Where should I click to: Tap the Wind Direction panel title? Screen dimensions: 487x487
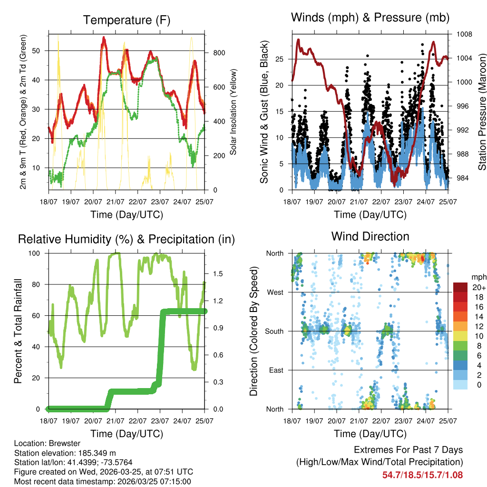370,236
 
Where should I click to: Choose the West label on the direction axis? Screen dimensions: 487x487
275,292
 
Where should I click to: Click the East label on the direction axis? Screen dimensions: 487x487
276,370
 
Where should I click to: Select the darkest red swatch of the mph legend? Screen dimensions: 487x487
460,287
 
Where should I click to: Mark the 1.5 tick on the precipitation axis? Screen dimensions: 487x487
218,274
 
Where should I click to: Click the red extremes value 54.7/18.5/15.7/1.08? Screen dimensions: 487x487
422,475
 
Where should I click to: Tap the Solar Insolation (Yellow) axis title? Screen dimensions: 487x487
234,112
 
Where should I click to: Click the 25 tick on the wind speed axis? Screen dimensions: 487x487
279,59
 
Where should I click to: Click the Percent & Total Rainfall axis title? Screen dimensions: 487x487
18,331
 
